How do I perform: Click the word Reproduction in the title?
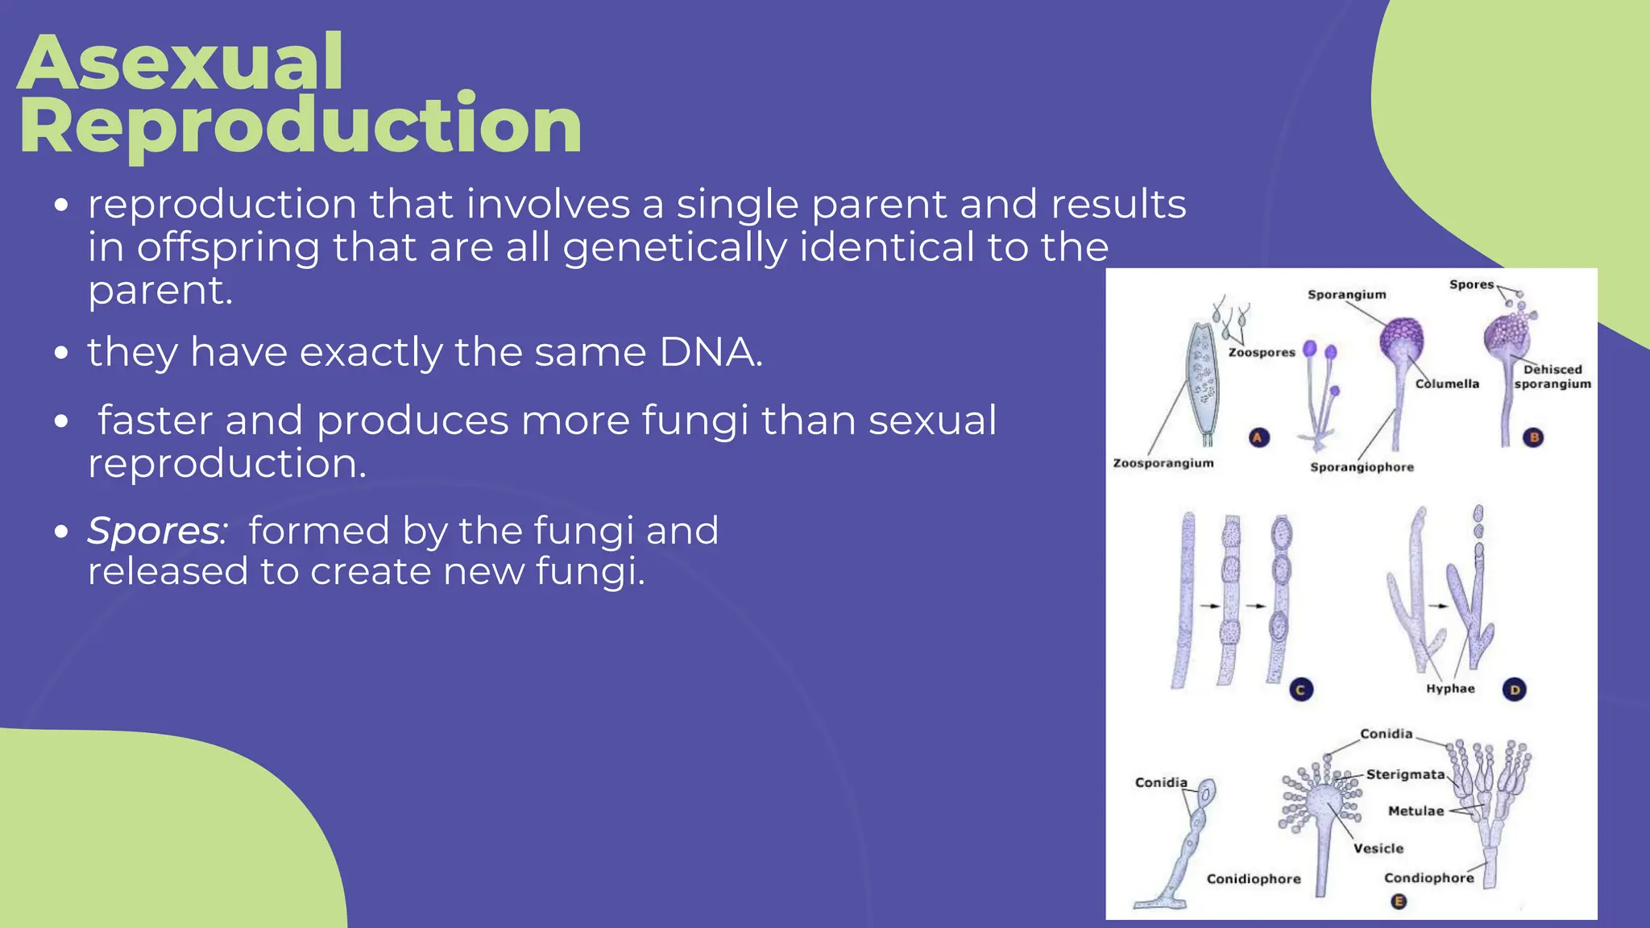pos(300,125)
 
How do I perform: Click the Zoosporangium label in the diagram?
pos(1163,463)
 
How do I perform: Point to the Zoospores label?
pos(1261,353)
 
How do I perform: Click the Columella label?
pos(1447,384)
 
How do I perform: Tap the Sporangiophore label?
pos(1362,467)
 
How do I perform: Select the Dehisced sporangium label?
pos(1553,377)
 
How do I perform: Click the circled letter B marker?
pos(1534,437)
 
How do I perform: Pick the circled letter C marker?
pos(1300,690)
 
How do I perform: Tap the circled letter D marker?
pos(1515,690)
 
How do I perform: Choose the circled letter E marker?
pos(1399,901)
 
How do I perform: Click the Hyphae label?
pos(1450,689)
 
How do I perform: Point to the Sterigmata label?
pos(1405,774)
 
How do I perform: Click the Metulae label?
pos(1416,811)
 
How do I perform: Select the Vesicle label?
pos(1378,848)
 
